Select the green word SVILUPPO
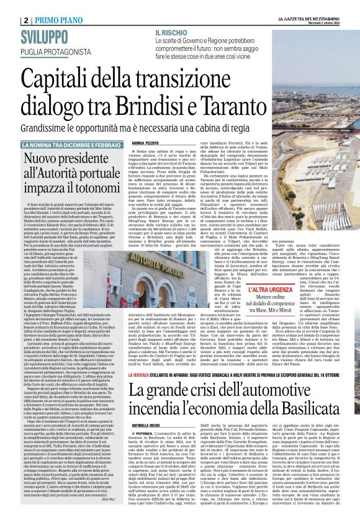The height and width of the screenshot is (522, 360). click(x=45, y=36)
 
